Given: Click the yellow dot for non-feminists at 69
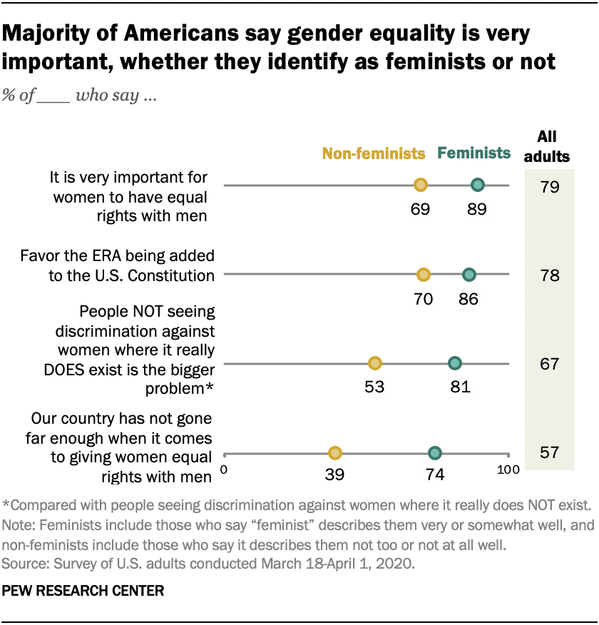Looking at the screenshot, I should (421, 186).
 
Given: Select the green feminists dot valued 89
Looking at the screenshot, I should (478, 186).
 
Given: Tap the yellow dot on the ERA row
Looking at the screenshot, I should (424, 275).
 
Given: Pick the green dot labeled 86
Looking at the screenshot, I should (469, 275).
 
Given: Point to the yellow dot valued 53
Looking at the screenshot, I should (375, 363).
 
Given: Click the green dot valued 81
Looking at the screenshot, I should (455, 363).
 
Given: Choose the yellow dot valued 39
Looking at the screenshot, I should (335, 452).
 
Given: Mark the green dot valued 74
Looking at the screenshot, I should (435, 452).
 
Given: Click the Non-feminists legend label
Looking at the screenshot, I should (374, 153).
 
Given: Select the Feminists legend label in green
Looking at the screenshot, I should (474, 153).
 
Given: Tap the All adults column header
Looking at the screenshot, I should (548, 146).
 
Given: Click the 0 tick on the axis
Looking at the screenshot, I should (224, 469).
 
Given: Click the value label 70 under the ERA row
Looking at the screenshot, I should (424, 298).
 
